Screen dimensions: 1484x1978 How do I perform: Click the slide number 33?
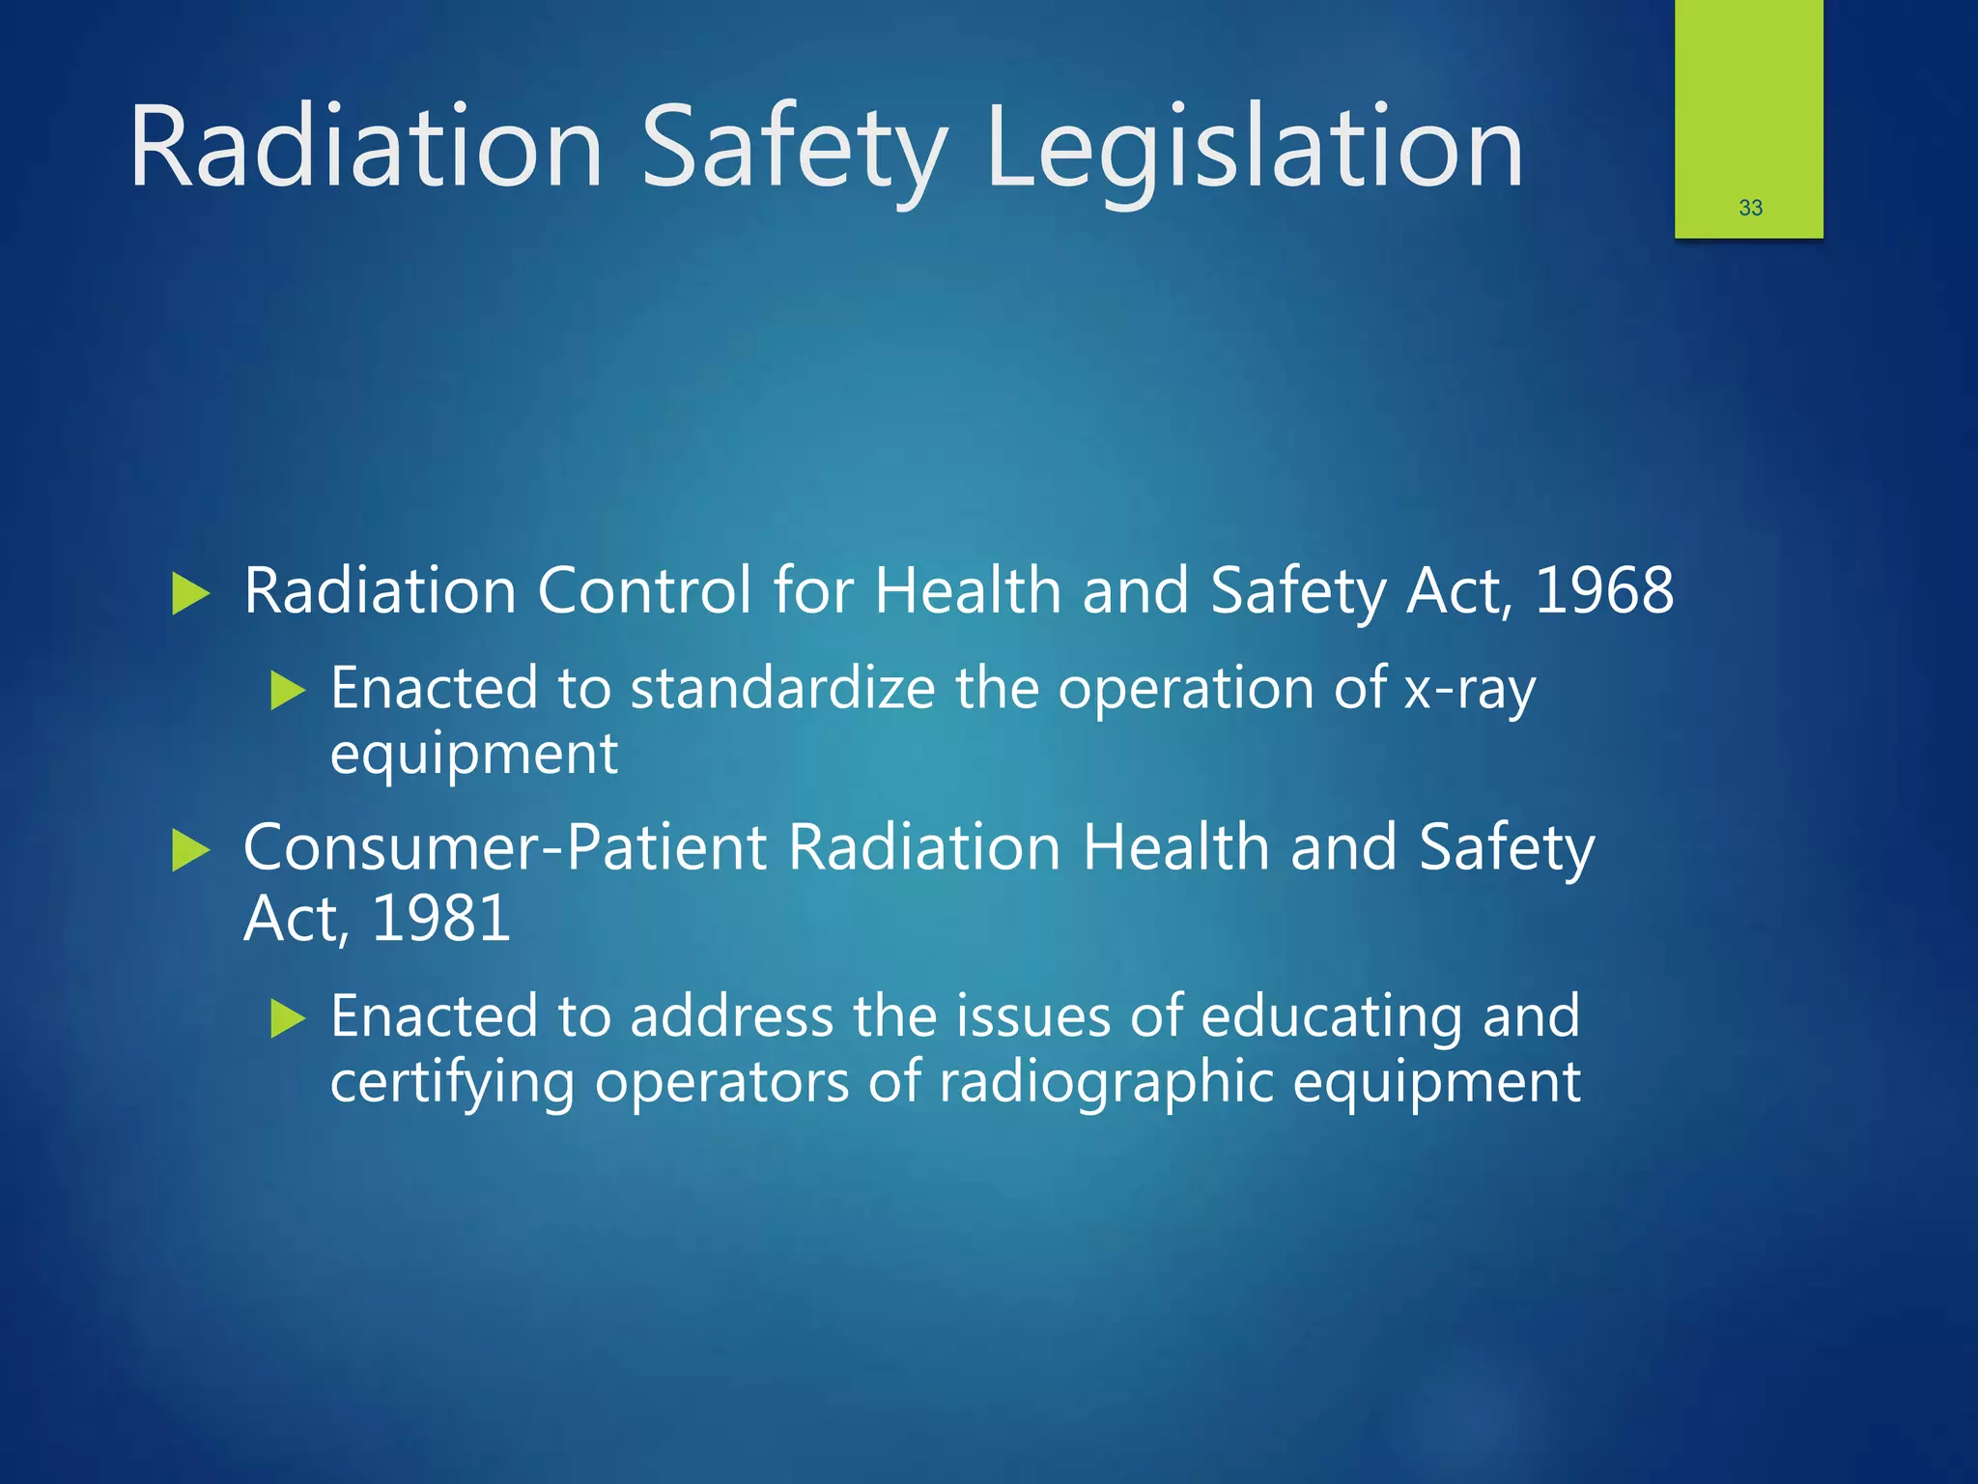pyautogui.click(x=1750, y=208)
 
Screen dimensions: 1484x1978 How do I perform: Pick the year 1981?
pyautogui.click(x=440, y=918)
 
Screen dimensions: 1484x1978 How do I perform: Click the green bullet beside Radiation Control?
pyautogui.click(x=190, y=593)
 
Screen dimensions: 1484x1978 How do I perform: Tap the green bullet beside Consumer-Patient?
pyautogui.click(x=190, y=850)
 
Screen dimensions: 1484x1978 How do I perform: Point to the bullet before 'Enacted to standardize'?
pyautogui.click(x=288, y=691)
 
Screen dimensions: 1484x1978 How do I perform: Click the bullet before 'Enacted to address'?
pyautogui.click(x=288, y=1018)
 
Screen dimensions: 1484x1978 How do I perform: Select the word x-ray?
pyautogui.click(x=1469, y=690)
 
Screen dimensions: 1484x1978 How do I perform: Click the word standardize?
pyautogui.click(x=782, y=688)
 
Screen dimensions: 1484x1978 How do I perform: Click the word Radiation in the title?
pyautogui.click(x=367, y=150)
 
